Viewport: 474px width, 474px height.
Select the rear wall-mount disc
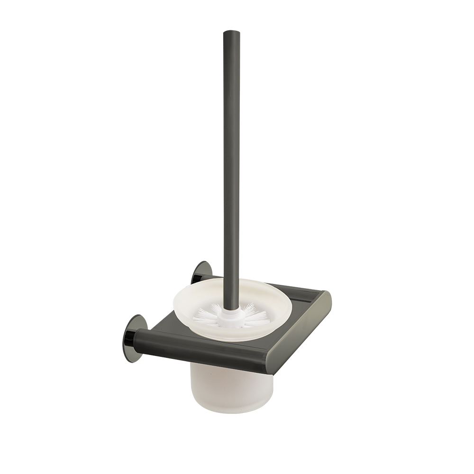[199, 272]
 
